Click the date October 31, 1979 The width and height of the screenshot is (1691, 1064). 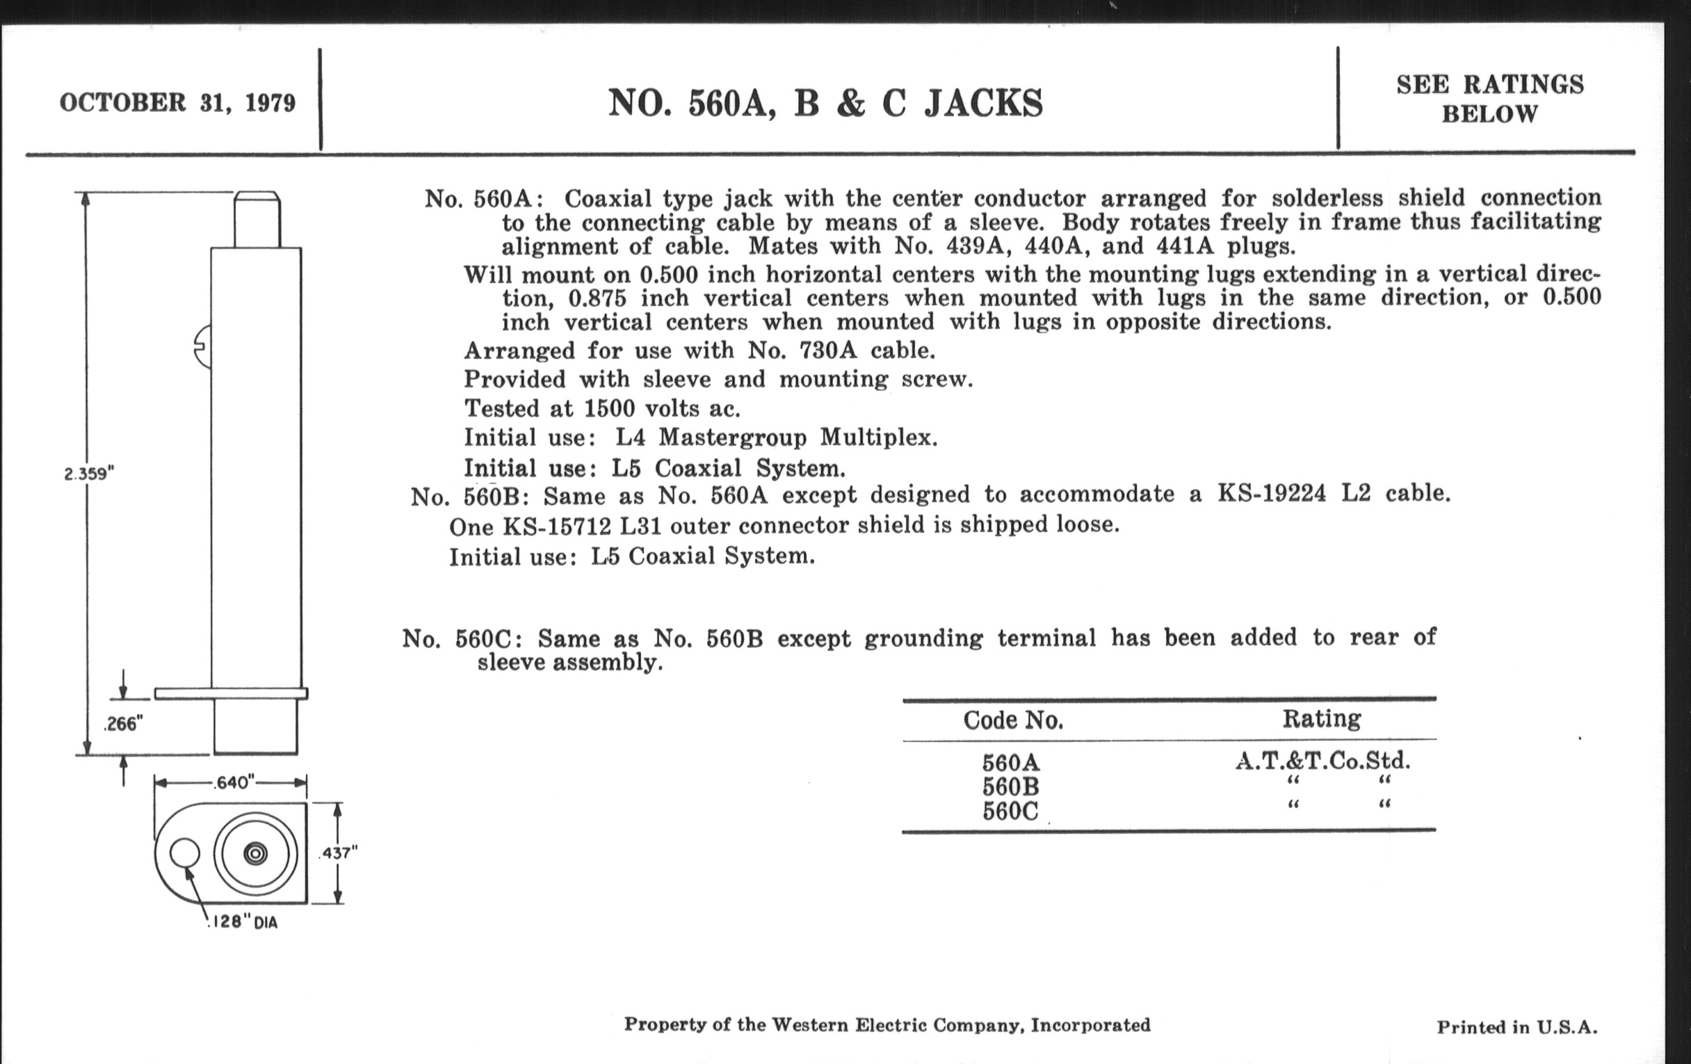(177, 102)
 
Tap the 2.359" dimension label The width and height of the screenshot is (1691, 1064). (89, 474)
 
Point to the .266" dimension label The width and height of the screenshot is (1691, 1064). (123, 723)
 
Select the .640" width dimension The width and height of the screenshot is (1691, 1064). (234, 782)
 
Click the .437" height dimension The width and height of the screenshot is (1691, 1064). (338, 853)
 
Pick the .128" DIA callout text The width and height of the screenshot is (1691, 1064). (243, 922)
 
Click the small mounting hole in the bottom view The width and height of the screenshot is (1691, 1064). (185, 854)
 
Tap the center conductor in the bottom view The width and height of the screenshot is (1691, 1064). (255, 853)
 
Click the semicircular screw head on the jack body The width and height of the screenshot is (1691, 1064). (203, 347)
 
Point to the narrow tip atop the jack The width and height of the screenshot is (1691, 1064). (257, 218)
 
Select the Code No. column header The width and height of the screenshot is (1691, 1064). (1012, 720)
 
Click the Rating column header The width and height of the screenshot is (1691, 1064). (1322, 718)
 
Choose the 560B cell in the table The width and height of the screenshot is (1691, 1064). (1010, 787)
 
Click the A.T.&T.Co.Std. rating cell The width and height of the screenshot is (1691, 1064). (1323, 761)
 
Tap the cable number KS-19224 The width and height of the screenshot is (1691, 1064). (1271, 494)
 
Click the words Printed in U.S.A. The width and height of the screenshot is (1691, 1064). (1517, 1027)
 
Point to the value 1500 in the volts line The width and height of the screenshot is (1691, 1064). (610, 408)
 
